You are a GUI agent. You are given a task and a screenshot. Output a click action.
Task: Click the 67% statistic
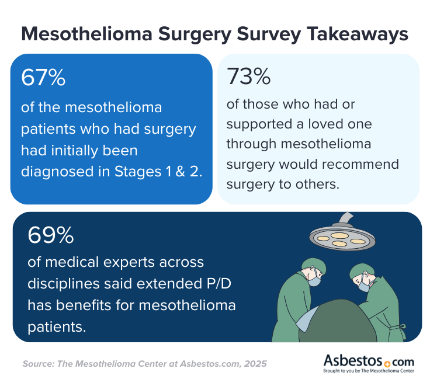(43, 78)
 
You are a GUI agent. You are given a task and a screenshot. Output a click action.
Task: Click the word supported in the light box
(261, 125)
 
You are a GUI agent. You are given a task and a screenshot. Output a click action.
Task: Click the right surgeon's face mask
(365, 285)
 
